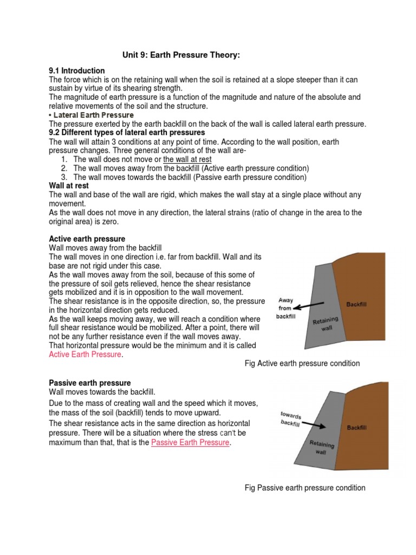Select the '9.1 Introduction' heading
pyautogui.click(x=77, y=71)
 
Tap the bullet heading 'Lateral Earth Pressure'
pyautogui.click(x=93, y=115)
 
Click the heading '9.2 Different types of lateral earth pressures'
pyautogui.click(x=127, y=133)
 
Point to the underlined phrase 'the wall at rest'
pyautogui.click(x=187, y=159)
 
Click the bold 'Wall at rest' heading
pyautogui.click(x=69, y=186)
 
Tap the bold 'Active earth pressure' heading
pyautogui.click(x=87, y=239)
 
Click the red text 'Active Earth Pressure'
pyautogui.click(x=86, y=354)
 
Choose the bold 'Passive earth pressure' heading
pyautogui.click(x=90, y=383)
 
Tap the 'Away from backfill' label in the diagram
pyautogui.click(x=286, y=308)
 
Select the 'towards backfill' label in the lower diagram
pyautogui.click(x=290, y=418)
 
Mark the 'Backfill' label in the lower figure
pyautogui.click(x=356, y=428)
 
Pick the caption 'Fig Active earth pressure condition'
pyautogui.click(x=302, y=364)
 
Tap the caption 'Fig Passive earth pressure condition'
pyautogui.click(x=305, y=488)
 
